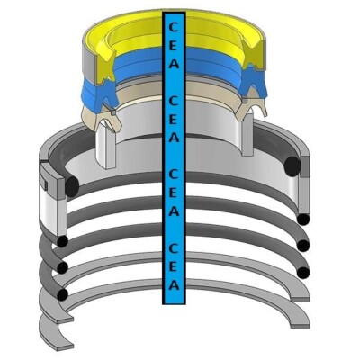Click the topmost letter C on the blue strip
click(174, 28)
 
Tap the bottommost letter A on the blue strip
click(174, 284)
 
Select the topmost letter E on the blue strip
click(174, 46)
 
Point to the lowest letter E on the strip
click(174, 266)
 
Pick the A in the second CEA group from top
click(174, 138)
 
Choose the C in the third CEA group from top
click(174, 175)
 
